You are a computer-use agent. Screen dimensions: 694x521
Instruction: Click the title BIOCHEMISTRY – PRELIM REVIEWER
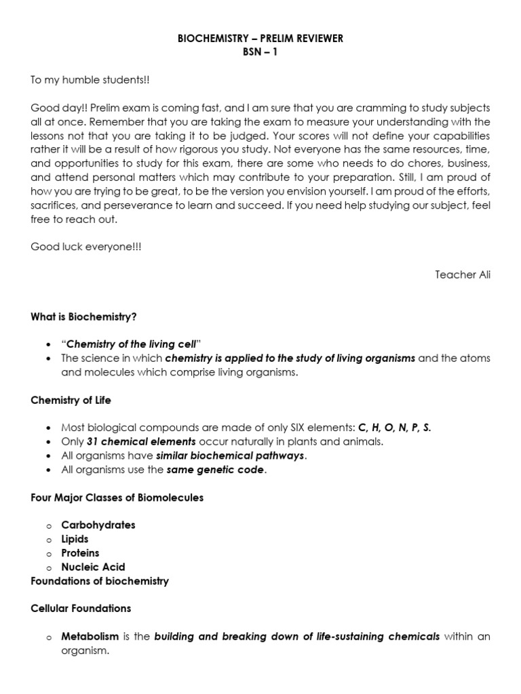tap(260, 39)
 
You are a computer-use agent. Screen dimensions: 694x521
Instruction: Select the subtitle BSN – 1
tap(260, 52)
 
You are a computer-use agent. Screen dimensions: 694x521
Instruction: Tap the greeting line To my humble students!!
tap(90, 80)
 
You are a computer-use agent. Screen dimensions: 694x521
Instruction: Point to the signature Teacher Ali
tap(463, 274)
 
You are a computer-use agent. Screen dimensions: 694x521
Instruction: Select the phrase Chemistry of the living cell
tap(126, 344)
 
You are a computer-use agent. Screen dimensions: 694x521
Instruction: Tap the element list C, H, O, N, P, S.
tap(394, 428)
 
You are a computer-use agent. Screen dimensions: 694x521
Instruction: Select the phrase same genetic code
tap(215, 470)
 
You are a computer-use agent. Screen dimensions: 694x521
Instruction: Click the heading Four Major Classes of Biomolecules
tap(117, 497)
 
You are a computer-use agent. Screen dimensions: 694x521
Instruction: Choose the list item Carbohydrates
tap(98, 525)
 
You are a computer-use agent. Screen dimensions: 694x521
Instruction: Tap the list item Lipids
tap(75, 539)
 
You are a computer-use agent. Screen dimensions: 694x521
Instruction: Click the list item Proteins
tap(80, 553)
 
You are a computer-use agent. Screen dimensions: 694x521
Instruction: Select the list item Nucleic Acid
tap(93, 567)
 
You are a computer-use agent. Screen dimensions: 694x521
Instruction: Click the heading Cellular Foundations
tap(81, 609)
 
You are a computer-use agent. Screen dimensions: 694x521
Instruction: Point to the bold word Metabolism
tap(90, 636)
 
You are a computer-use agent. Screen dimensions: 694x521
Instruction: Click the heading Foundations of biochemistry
tap(100, 581)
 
